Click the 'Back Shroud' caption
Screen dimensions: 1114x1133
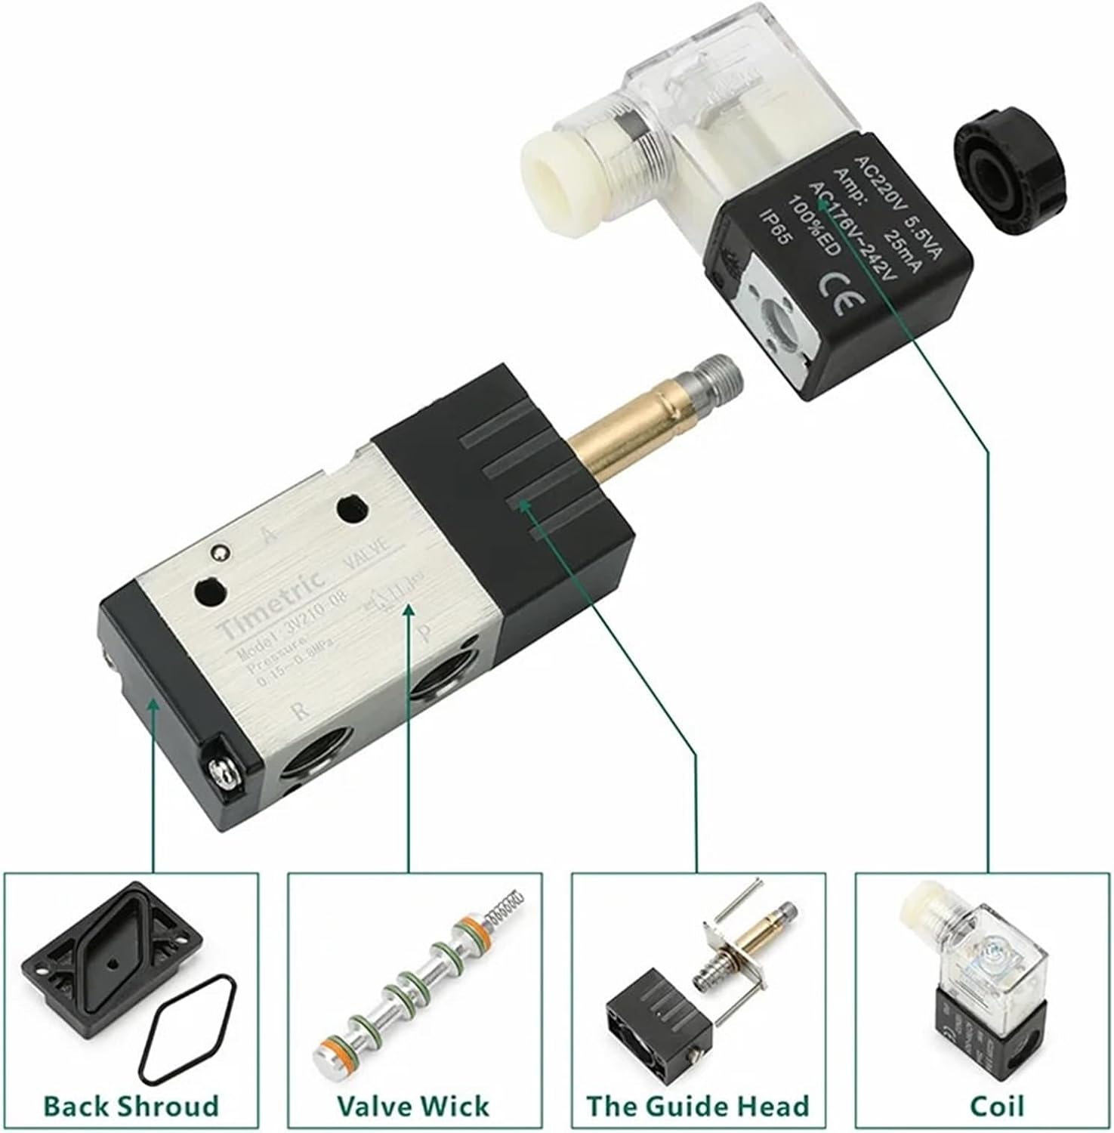131,1107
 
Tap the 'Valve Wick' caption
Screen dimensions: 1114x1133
413,1107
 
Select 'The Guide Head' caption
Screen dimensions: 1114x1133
698,1107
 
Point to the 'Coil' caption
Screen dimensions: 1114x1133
986,1107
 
